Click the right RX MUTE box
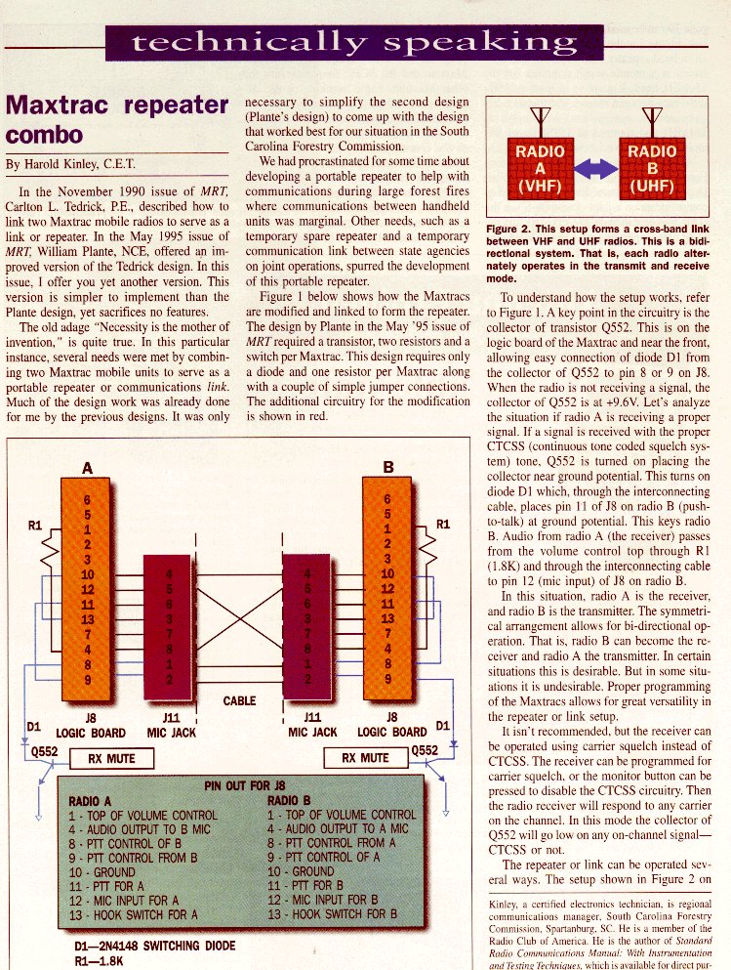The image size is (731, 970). [364, 758]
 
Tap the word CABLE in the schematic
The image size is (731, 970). [239, 700]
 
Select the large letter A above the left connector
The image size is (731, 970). [87, 468]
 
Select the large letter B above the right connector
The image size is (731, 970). [387, 468]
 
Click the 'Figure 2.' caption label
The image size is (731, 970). [509, 230]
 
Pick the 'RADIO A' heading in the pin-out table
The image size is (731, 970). [94, 799]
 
